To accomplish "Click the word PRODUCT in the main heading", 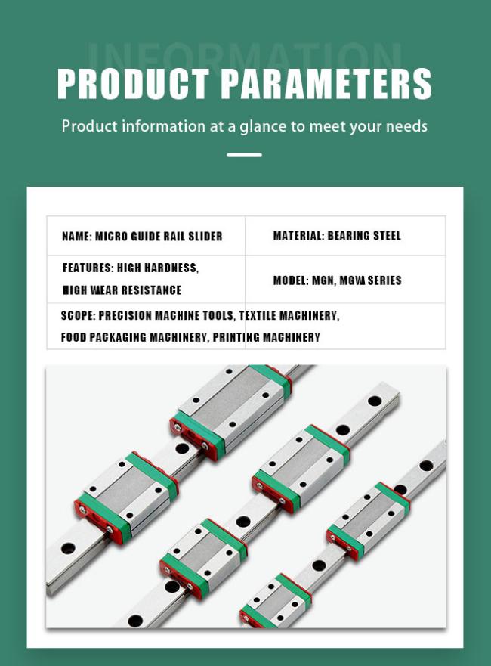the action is (133, 83).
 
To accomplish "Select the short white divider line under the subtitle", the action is (244, 155).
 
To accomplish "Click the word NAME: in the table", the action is (77, 236).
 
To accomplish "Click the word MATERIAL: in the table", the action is (298, 236).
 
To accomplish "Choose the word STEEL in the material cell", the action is (386, 236).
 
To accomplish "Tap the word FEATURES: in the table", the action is (88, 268).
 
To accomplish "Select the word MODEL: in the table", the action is (291, 280).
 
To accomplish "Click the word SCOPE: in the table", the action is (78, 315).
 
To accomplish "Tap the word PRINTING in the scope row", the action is (236, 337).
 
